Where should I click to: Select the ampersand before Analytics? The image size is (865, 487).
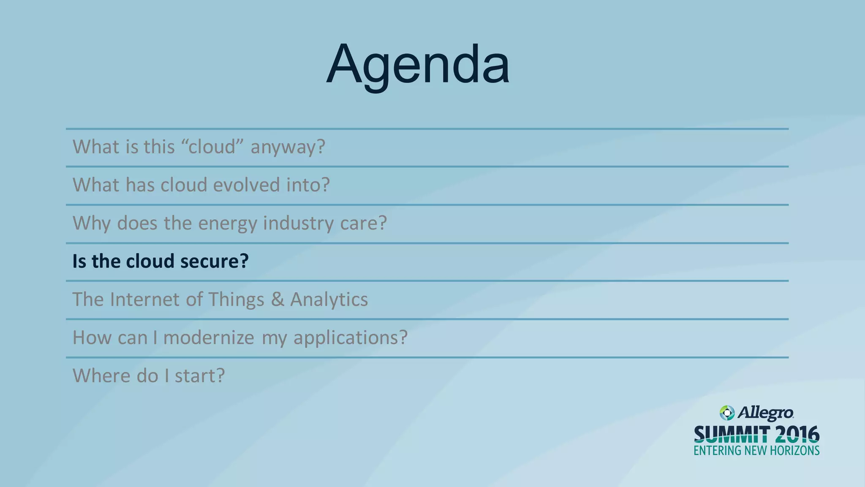tap(277, 299)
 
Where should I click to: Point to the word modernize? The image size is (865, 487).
tap(209, 338)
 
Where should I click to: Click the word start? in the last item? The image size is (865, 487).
tap(200, 376)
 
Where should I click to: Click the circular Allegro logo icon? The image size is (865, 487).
tap(727, 413)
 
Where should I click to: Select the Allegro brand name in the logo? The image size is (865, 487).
tap(766, 413)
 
